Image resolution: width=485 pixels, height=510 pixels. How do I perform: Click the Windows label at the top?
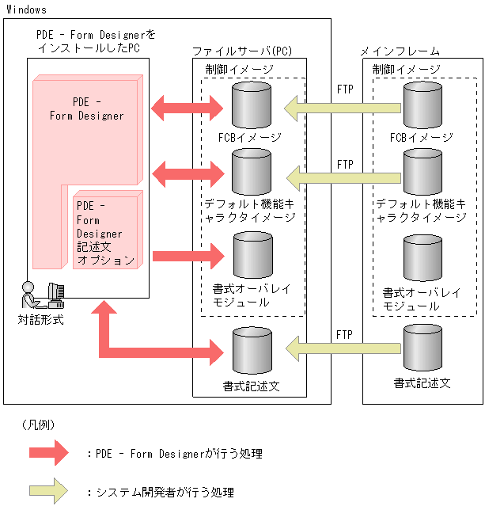pos(26,10)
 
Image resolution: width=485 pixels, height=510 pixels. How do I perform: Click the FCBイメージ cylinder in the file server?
pos(252,105)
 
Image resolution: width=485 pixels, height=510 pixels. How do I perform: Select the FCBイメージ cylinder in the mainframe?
pos(422,105)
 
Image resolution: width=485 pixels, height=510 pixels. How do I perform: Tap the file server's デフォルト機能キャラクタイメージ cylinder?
pos(252,172)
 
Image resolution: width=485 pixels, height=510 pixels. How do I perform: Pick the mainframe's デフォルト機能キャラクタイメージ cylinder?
pos(422,172)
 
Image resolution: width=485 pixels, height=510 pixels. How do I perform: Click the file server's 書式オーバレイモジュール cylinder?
pos(253,255)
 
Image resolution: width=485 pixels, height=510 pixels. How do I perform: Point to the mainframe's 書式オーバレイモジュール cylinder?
pos(422,258)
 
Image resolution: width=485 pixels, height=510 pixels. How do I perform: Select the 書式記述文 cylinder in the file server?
pos(252,350)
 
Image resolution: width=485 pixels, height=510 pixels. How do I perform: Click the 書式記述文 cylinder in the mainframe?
pos(422,348)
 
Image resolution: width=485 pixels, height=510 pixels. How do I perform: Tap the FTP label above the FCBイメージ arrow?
pos(345,89)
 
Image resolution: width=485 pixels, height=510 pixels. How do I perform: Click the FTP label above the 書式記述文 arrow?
pos(344,334)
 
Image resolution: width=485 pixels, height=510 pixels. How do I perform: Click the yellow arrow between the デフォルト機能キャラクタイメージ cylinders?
pos(343,178)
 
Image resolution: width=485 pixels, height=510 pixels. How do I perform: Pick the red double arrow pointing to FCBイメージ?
pos(187,108)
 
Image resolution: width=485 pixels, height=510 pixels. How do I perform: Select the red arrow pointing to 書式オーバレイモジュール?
pos(188,256)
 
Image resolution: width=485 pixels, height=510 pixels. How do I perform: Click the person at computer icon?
pos(43,295)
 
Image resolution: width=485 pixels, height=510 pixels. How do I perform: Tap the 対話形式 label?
pos(40,319)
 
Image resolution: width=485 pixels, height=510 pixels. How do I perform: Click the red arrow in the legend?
pos(49,452)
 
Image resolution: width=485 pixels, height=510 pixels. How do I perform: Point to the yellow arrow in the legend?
pos(48,491)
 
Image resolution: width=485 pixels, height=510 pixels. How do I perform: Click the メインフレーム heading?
pos(400,51)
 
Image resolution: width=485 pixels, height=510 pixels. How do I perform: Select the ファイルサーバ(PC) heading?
pos(242,51)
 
